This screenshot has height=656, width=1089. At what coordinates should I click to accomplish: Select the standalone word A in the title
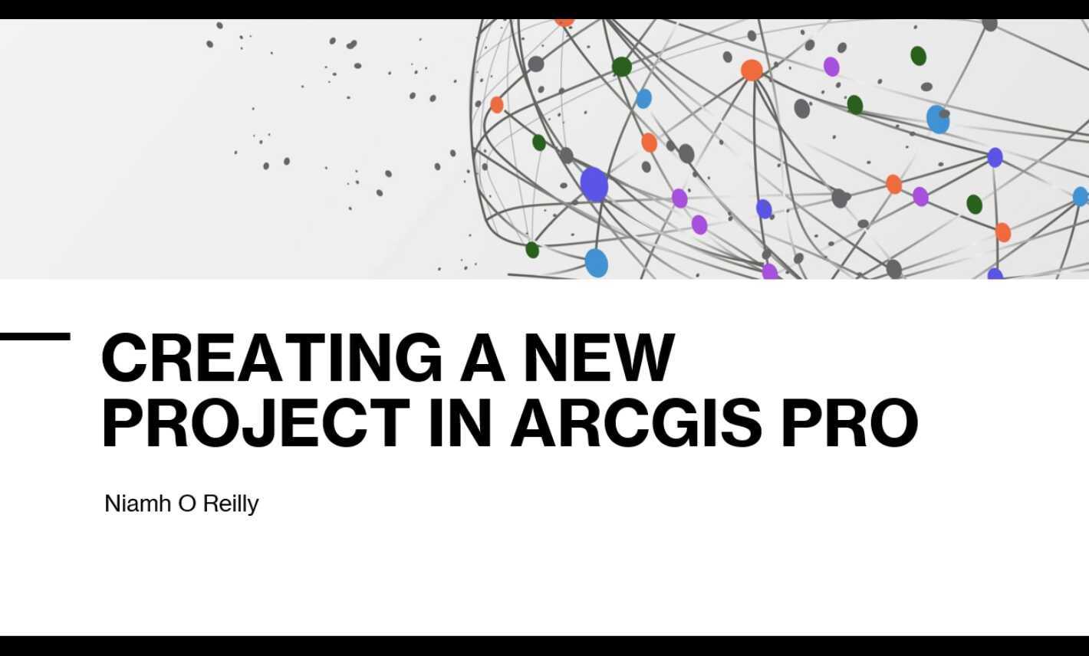482,357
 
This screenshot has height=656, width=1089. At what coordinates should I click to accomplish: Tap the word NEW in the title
599,357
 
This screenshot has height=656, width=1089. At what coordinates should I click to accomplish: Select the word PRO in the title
849,422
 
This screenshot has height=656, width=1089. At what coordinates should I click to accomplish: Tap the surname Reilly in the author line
230,503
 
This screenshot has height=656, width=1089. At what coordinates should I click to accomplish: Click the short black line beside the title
35,336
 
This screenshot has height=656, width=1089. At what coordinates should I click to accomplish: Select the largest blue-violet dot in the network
594,185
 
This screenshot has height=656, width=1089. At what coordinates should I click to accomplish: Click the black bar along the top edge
544,9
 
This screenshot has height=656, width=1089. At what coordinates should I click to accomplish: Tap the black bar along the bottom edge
544,645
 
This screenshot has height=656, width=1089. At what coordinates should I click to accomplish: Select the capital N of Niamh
112,503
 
